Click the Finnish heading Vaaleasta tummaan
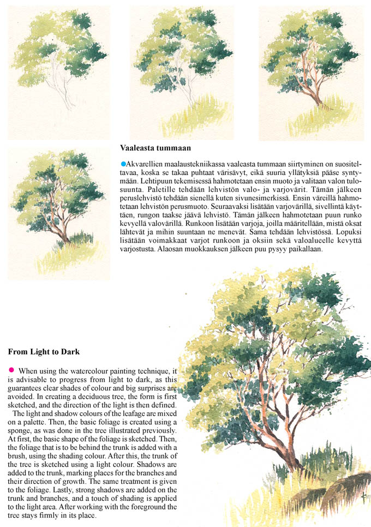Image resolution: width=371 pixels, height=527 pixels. tap(155, 148)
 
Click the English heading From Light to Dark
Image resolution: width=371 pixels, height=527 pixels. tap(44, 352)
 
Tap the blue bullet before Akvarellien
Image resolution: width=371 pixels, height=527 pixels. tap(123, 163)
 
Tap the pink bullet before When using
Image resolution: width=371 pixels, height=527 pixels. tap(11, 370)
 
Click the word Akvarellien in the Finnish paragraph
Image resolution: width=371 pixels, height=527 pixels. tap(145, 164)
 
